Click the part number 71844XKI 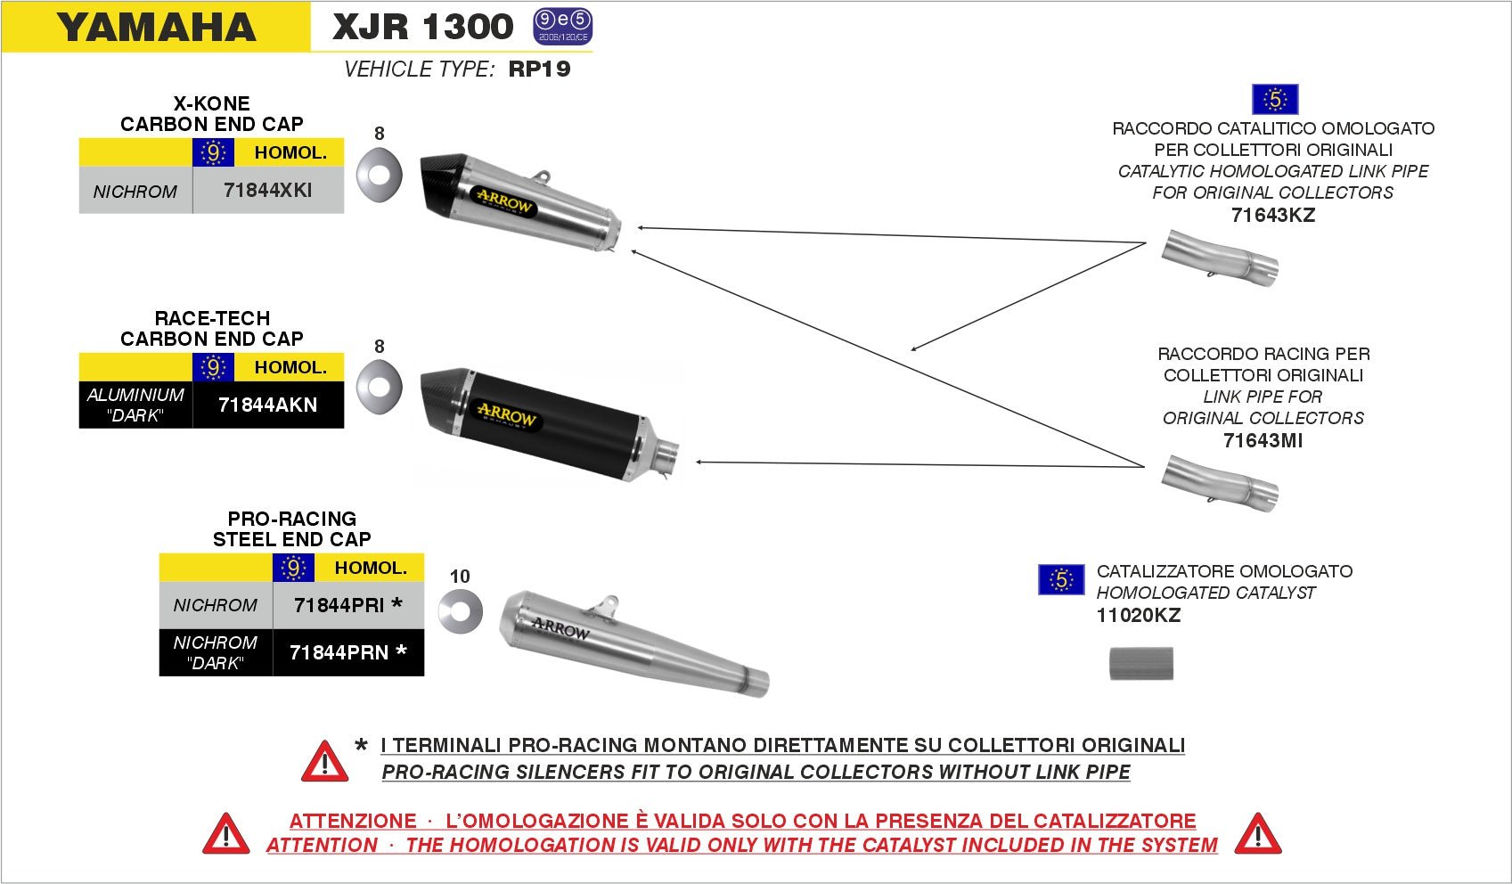point(267,191)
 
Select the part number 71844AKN point(267,405)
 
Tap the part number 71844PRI point(339,606)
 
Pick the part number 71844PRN point(339,653)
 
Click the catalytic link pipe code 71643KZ point(1272,216)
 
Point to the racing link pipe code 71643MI point(1263,441)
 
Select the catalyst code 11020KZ point(1138,616)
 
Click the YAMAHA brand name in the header point(157,28)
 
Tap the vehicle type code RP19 point(539,70)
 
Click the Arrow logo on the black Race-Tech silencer point(506,414)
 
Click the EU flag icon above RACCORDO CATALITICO point(1274,99)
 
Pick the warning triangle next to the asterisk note point(324,761)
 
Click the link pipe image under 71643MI point(1220,483)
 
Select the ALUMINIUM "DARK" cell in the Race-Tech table point(135,405)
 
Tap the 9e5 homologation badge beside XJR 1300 point(562,28)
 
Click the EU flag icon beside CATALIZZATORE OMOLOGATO point(1060,580)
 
